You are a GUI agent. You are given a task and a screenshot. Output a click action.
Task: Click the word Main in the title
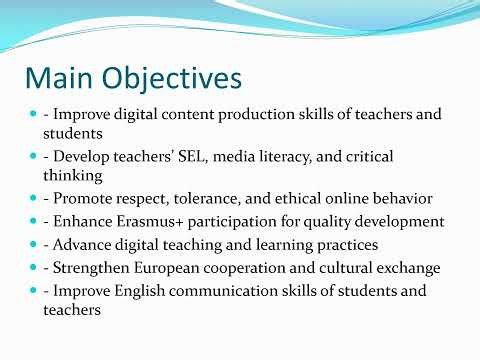point(59,78)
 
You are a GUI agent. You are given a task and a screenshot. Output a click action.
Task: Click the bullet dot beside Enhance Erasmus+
point(33,220)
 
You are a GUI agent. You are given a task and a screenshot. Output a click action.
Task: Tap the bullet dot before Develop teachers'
point(33,157)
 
